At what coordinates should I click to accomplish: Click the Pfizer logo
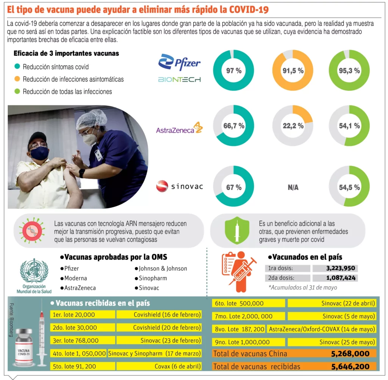click(179, 62)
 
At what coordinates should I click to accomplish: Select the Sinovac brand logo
click(179, 186)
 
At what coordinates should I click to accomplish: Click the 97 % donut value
click(233, 70)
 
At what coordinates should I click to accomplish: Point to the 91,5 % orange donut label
click(293, 70)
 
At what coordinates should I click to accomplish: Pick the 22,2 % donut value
click(293, 126)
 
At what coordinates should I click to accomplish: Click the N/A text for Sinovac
click(293, 187)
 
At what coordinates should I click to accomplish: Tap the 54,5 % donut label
click(349, 187)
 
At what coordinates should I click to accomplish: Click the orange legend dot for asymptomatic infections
click(17, 79)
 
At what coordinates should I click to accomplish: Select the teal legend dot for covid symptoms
click(17, 67)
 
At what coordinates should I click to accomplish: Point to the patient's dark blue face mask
click(39, 153)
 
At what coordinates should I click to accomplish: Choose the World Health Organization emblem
click(34, 271)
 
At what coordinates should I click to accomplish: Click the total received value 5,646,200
click(350, 366)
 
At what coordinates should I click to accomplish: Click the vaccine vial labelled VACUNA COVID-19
click(23, 349)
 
